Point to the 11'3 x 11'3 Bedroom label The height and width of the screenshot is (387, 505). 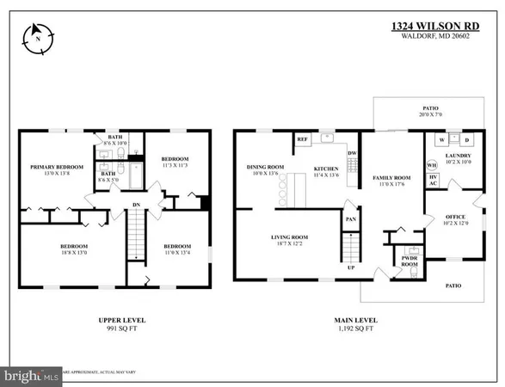[x=175, y=160]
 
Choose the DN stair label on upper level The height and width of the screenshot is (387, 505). [x=137, y=205]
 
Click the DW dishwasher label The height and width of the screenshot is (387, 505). [x=352, y=155]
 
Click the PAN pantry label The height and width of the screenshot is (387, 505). [x=350, y=218]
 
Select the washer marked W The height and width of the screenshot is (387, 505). [x=442, y=139]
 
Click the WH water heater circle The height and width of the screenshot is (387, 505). [x=433, y=165]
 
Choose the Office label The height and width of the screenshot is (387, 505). [x=454, y=218]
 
